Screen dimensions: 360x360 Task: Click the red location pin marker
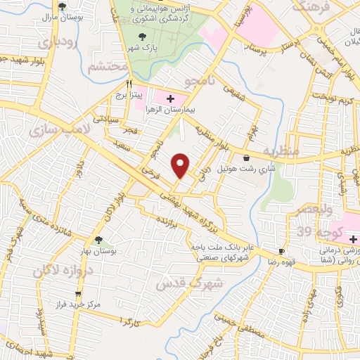[x=181, y=165]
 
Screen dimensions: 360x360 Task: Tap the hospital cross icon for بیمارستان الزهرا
[x=171, y=98]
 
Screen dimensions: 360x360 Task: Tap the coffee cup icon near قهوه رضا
[x=282, y=251]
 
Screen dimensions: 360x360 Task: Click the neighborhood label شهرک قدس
[x=220, y=283]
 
